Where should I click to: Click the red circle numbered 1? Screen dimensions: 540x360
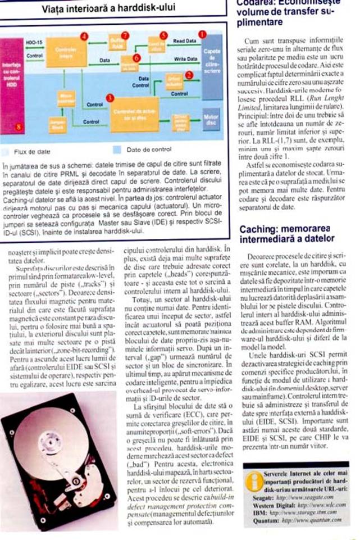[x=202, y=34]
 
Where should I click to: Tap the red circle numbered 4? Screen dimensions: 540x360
[x=84, y=37]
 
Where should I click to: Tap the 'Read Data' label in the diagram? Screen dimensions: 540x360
[x=184, y=41]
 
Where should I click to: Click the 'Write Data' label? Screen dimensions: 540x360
[x=184, y=58]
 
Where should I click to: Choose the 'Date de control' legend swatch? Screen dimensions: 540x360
[x=117, y=151]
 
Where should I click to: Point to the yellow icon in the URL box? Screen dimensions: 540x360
[x=253, y=480]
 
